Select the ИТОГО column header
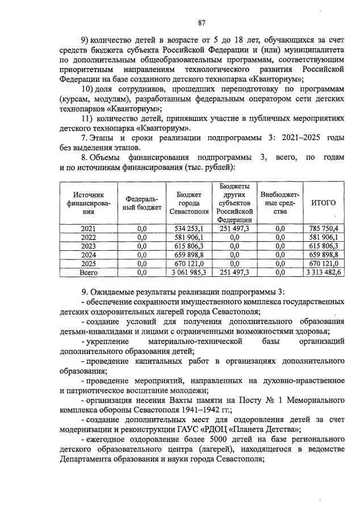tap(324, 203)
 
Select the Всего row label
tap(88, 273)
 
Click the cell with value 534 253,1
tap(188, 228)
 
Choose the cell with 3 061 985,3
tap(188, 273)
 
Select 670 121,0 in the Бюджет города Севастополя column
tap(188, 264)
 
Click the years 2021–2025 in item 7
tap(288, 138)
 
